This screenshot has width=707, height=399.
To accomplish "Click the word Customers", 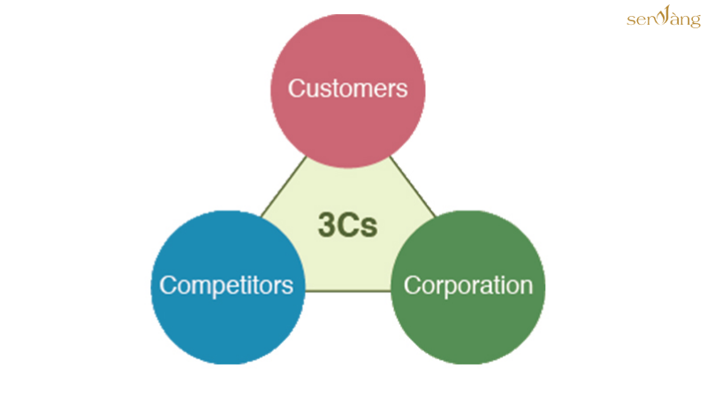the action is pos(347,88).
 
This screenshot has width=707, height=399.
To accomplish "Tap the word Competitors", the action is pos(226,286).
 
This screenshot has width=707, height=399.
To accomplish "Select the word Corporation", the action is pos(468,286).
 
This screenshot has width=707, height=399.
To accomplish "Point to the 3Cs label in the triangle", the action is pos(347,225).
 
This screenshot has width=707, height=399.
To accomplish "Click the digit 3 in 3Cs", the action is pos(325,225).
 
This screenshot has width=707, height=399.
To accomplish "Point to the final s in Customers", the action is pos(402,90).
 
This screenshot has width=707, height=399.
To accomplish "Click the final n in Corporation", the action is pos(527,288).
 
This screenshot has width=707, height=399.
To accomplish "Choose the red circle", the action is pos(347,91).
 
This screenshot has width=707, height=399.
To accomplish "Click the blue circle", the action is pos(228,287).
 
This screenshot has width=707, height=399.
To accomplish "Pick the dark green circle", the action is pos(468,287).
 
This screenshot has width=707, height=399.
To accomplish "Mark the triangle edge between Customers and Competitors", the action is pos(284,186).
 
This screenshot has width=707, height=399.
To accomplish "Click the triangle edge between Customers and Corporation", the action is pos(412,186).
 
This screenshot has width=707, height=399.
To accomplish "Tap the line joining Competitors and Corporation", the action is pos(347,291).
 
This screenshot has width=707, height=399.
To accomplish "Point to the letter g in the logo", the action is pos(695,21).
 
